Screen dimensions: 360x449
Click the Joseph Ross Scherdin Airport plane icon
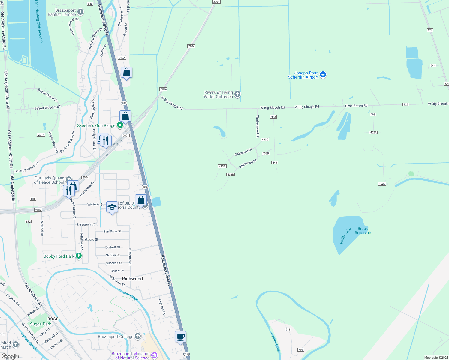coord(323,74)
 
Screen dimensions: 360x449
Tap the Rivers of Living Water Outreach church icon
coord(237,94)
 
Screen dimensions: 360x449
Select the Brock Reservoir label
coord(363,231)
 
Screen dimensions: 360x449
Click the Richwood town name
coord(132,279)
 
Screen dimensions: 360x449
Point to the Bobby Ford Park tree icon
coord(79,256)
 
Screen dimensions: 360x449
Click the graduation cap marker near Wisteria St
coord(112,207)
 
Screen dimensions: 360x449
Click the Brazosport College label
coord(116,337)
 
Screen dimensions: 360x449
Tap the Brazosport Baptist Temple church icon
coord(80,12)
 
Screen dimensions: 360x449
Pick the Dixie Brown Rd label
coord(356,106)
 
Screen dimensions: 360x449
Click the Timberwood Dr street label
coord(258,126)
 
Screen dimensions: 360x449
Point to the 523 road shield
coord(430,30)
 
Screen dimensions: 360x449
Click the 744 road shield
coord(433,66)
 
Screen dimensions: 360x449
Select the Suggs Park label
coord(41,324)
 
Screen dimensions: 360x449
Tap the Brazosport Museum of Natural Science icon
coord(154,355)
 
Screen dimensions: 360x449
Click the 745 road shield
coord(288,330)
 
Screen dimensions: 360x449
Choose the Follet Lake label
coord(345,236)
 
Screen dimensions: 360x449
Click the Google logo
coord(10,356)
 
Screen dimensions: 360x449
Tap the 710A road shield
coord(122,58)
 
